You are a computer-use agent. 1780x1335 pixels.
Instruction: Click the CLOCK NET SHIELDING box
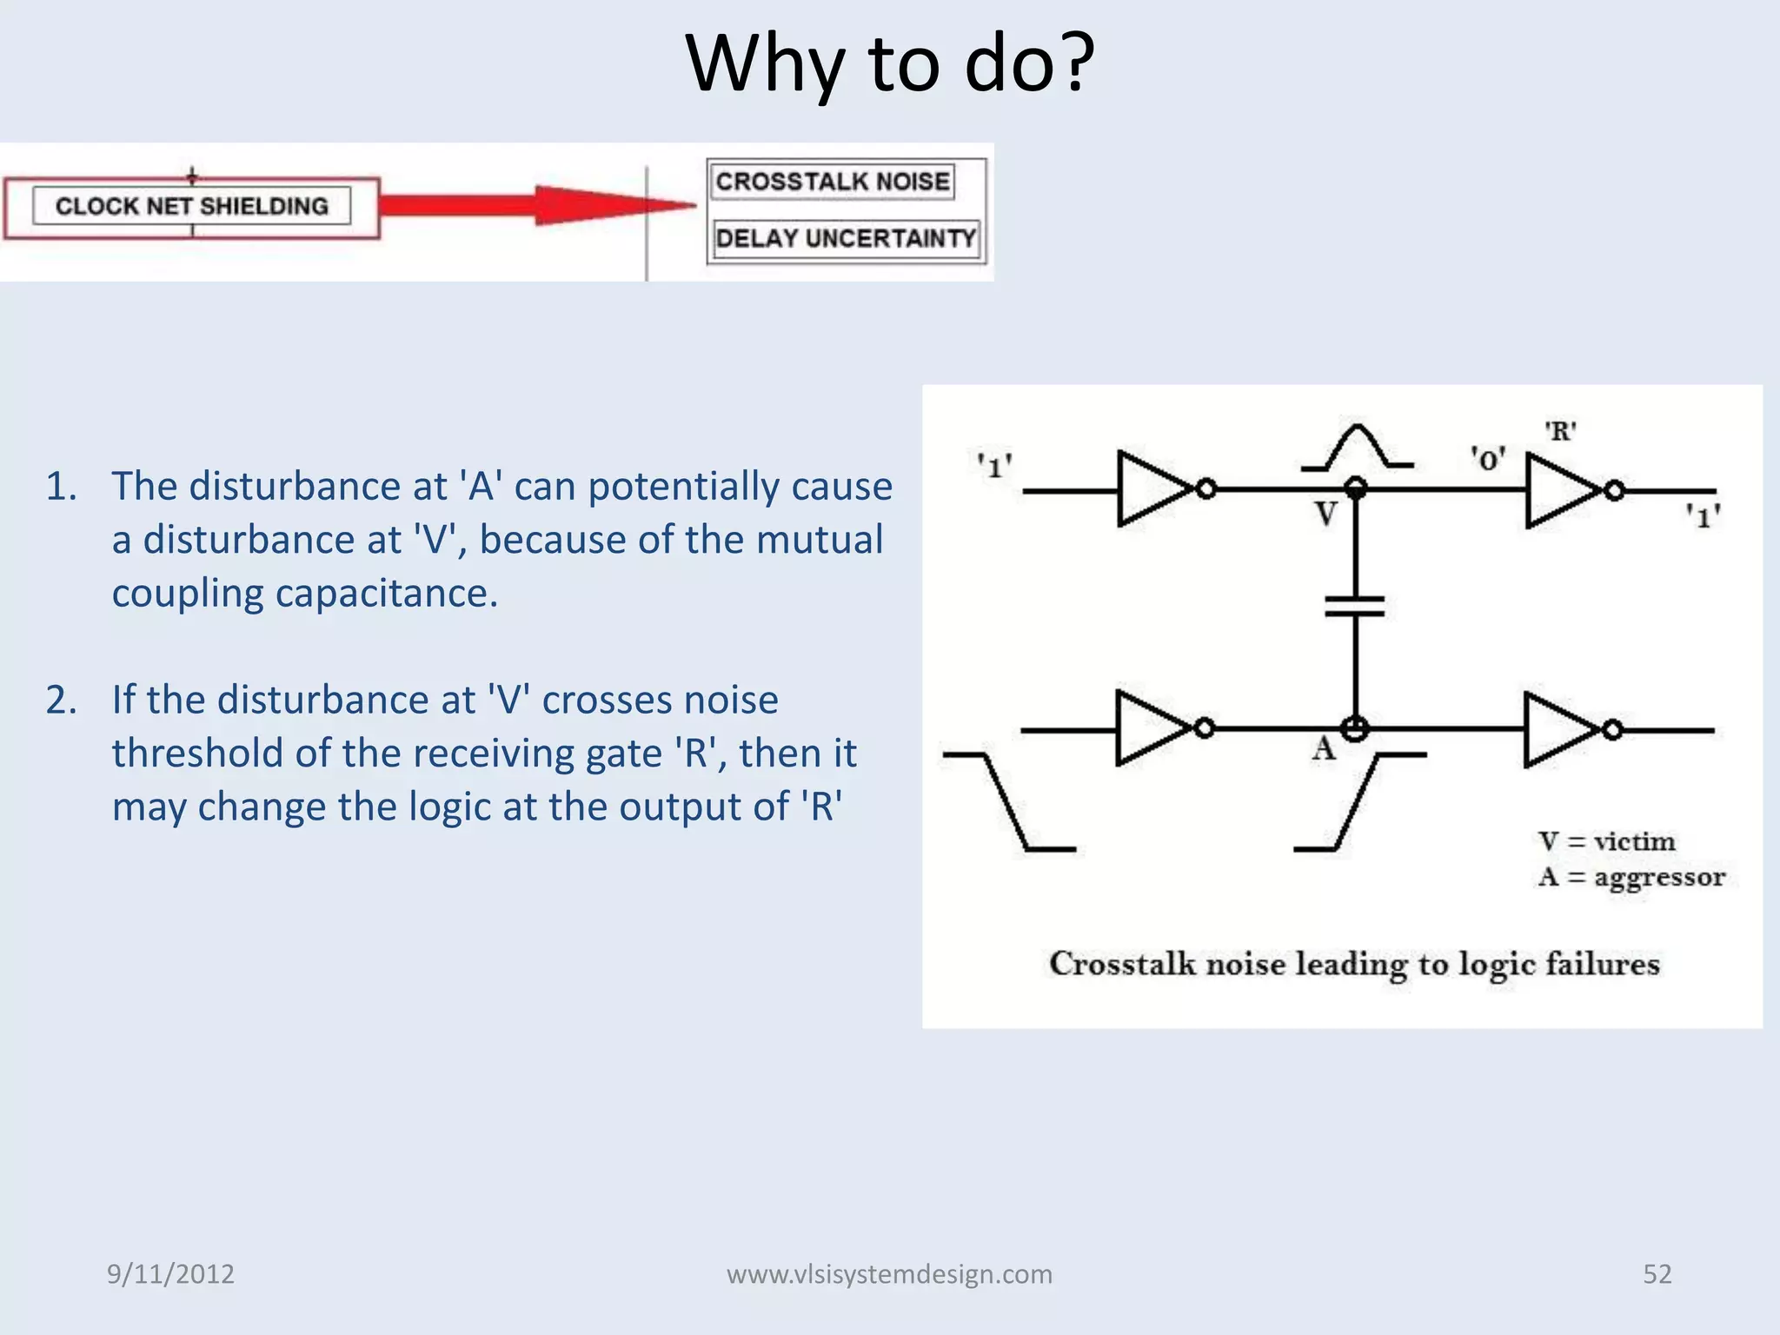coord(191,207)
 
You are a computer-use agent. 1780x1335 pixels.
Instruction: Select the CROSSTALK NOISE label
coord(832,182)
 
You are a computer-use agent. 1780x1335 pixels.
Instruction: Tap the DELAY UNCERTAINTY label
coord(846,238)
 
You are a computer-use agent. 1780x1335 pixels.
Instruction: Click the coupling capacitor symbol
coord(1354,606)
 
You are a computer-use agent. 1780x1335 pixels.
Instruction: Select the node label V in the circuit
coord(1325,515)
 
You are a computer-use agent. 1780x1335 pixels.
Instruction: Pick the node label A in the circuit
coord(1323,748)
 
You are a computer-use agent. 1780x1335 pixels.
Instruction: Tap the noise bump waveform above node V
coord(1356,448)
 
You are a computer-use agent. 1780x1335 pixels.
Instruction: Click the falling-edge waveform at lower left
coord(1008,801)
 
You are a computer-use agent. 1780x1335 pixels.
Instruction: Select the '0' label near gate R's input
coord(1487,458)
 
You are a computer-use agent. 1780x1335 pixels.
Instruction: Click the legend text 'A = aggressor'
coord(1631,877)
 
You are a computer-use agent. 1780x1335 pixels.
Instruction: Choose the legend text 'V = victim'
coord(1606,841)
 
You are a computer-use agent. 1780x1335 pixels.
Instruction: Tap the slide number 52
coord(1657,1274)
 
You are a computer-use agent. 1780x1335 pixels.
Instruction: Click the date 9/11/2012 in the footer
coord(170,1274)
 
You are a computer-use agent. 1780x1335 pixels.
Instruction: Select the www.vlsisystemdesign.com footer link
coord(889,1274)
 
